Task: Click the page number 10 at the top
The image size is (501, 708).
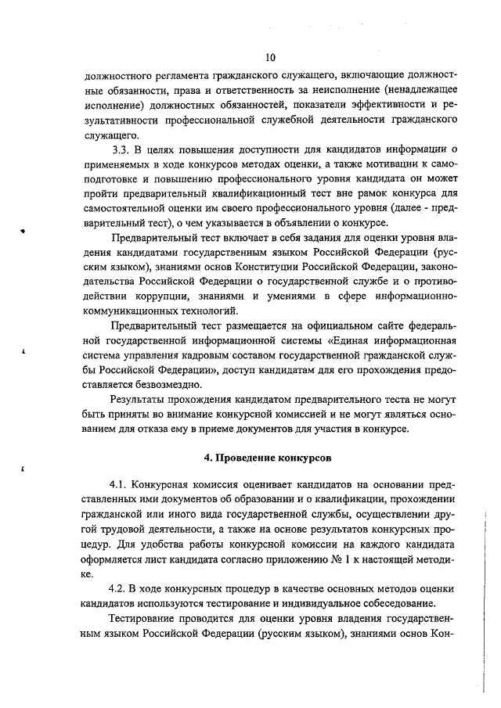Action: pos(270,57)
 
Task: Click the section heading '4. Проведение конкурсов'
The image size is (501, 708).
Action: pos(268,455)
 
